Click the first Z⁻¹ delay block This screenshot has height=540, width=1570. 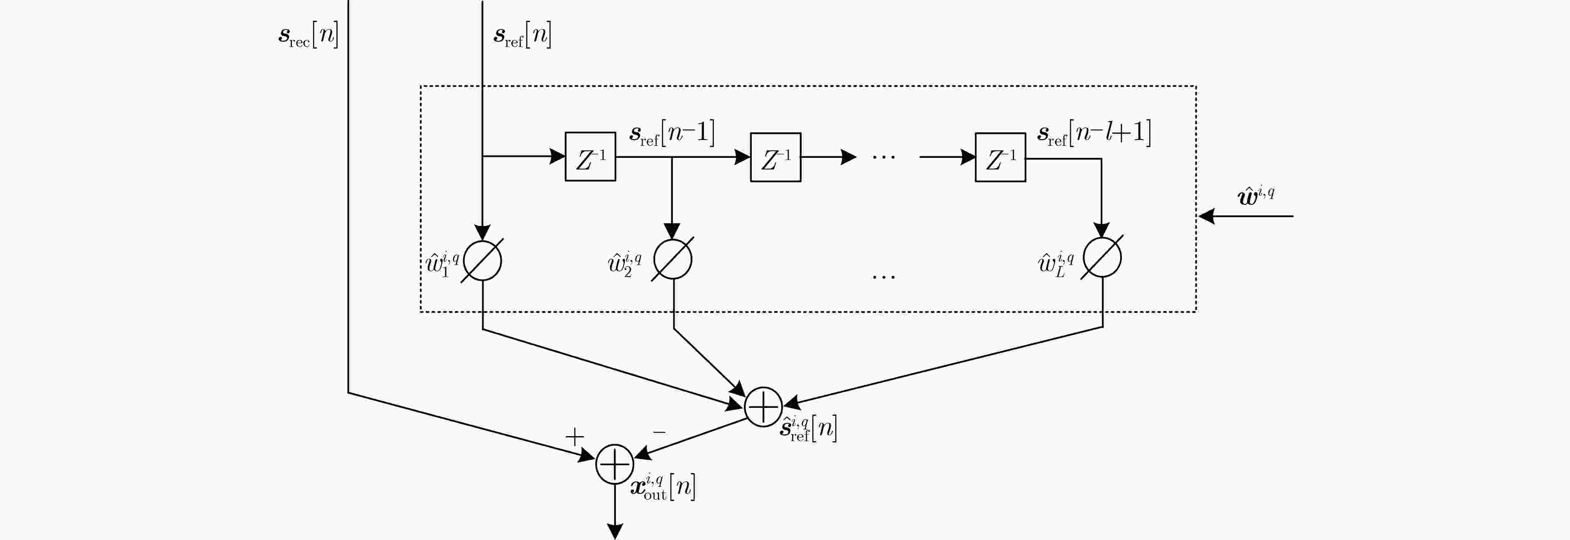tap(590, 157)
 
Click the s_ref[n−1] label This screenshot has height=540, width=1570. tap(672, 133)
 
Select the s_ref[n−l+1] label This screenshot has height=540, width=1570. tap(1094, 133)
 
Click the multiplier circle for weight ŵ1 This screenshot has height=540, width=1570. tap(482, 260)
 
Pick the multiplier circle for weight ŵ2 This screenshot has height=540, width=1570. tap(672, 260)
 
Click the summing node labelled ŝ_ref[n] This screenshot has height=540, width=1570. tap(763, 407)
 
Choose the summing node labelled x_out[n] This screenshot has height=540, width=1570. tap(614, 464)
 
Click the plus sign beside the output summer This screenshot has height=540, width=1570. tap(574, 437)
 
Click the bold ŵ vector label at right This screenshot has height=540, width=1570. tap(1256, 196)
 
